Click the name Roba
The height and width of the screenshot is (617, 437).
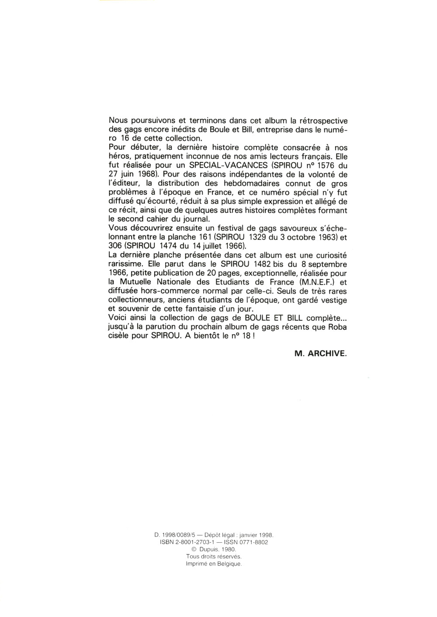[337, 327]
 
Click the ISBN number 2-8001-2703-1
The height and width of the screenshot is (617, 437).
[198, 542]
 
